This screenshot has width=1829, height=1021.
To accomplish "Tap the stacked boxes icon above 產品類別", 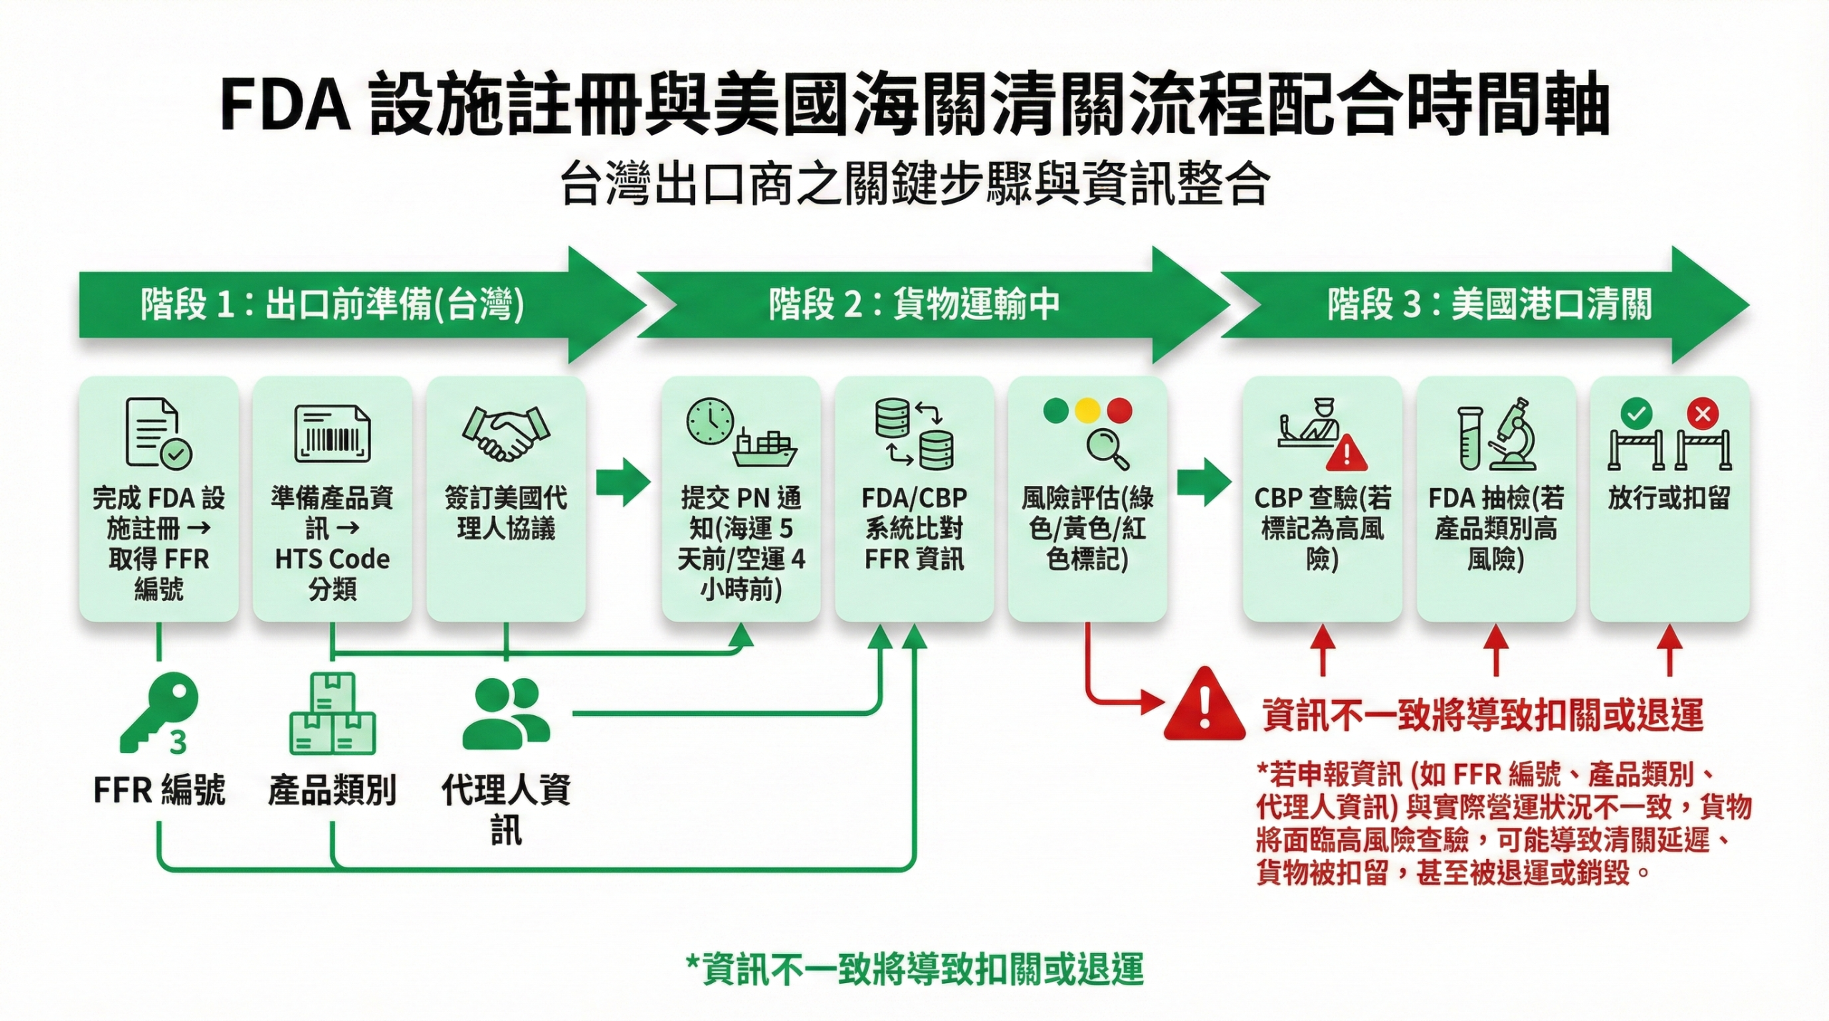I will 332,714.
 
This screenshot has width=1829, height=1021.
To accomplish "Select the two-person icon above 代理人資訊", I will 507,713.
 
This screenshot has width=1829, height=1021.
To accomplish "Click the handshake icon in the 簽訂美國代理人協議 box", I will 507,433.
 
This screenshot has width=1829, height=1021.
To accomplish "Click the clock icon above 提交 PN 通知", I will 710,421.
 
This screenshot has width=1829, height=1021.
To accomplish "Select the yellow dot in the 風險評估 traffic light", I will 1087,410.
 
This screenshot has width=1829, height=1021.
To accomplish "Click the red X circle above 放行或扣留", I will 1703,413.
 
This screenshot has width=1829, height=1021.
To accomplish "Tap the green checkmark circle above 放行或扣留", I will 1637,413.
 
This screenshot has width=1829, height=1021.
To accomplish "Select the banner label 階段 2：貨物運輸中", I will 914,305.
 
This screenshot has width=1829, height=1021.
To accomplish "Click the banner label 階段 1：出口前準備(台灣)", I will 332,305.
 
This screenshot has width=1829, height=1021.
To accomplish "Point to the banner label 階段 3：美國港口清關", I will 1489,305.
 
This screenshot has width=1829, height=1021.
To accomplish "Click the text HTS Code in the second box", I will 332,559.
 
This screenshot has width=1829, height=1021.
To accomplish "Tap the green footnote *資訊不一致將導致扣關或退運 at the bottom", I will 914,970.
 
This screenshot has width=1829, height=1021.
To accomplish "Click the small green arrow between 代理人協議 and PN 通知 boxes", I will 622,483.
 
